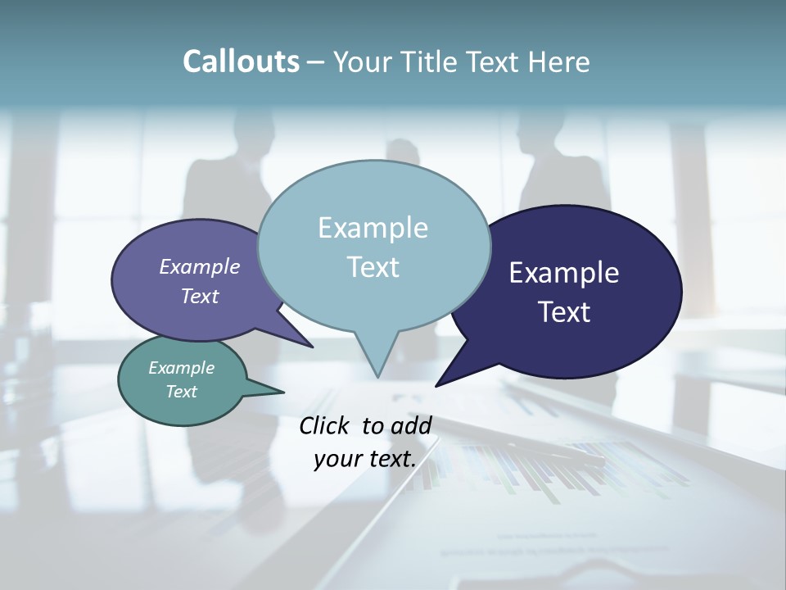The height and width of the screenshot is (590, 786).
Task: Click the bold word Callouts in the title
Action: pyautogui.click(x=241, y=62)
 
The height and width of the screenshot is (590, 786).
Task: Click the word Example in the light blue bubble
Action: pyautogui.click(x=373, y=228)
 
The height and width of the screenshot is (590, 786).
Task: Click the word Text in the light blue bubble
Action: pyautogui.click(x=373, y=267)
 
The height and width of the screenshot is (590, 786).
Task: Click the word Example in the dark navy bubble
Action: pyautogui.click(x=564, y=273)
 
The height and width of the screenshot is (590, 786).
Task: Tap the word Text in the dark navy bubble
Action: pyautogui.click(x=564, y=312)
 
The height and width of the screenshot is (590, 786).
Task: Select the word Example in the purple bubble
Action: pyautogui.click(x=199, y=267)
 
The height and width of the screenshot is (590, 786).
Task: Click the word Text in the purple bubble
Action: pyautogui.click(x=199, y=297)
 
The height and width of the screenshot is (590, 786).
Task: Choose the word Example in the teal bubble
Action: pyautogui.click(x=181, y=368)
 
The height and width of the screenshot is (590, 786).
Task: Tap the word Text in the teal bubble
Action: pyautogui.click(x=181, y=392)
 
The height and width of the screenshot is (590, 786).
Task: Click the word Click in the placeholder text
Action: pyautogui.click(x=325, y=425)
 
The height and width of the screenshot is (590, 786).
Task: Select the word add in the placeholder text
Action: pyautogui.click(x=411, y=425)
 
